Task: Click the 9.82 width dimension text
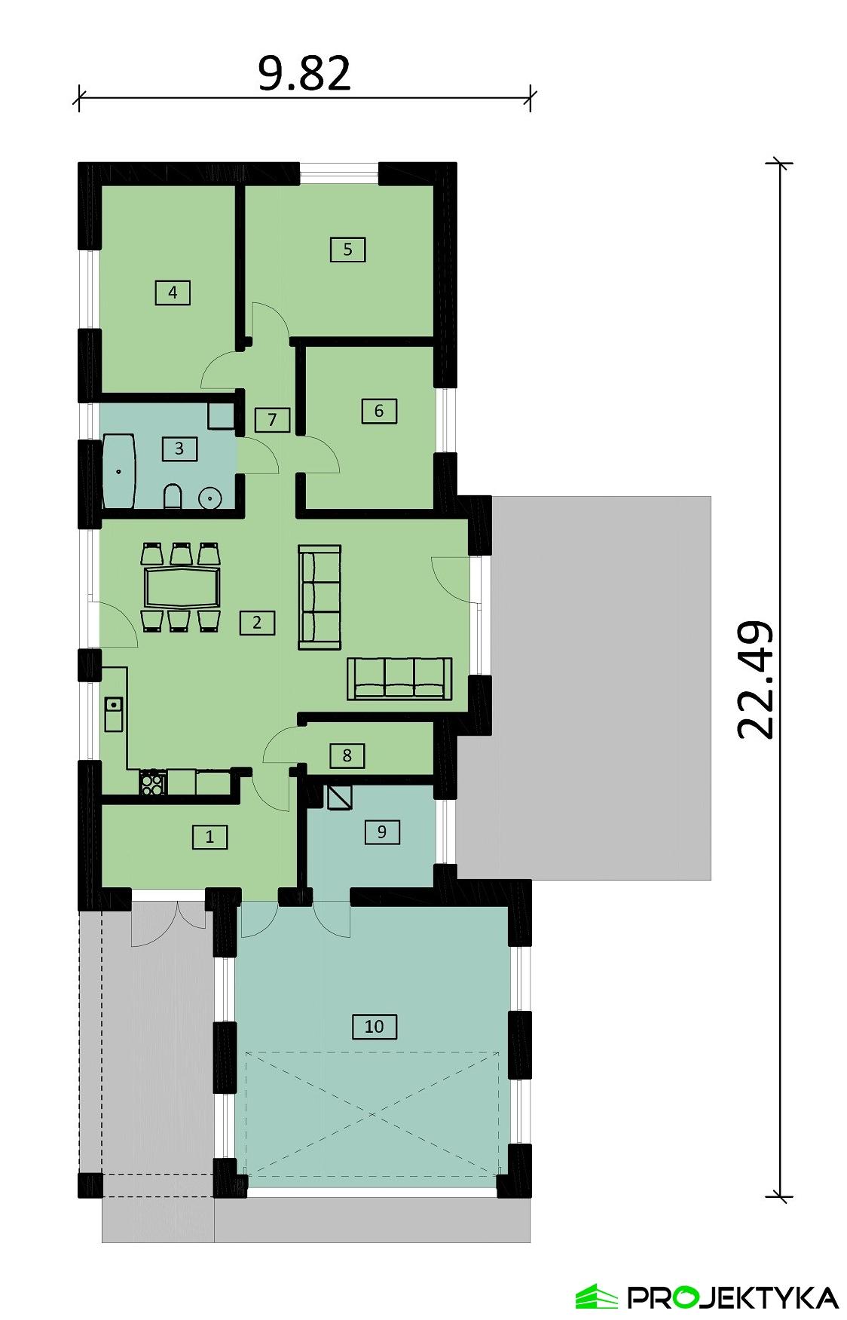tap(304, 73)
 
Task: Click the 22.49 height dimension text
tap(755, 679)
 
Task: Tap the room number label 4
tap(173, 292)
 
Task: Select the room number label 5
tap(347, 249)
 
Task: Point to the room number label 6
tap(378, 411)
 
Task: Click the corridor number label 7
tap(272, 419)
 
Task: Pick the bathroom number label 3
tap(179, 449)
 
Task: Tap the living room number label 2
tap(257, 623)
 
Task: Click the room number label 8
tap(347, 755)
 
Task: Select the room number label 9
tap(381, 832)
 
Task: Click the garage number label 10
tap(374, 1026)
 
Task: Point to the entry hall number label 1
tap(209, 836)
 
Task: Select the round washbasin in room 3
tap(209, 498)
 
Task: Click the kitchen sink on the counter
tap(114, 712)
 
